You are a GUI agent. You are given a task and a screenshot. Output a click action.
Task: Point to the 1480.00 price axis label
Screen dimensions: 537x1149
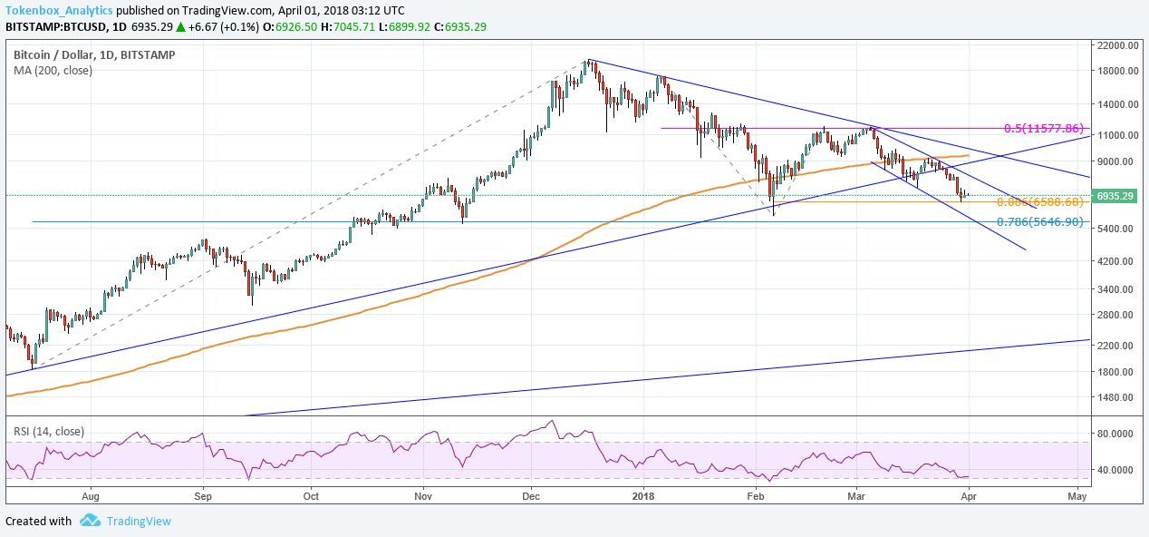(x=1116, y=397)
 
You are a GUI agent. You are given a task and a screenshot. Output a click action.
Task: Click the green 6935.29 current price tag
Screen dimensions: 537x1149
(x=1115, y=196)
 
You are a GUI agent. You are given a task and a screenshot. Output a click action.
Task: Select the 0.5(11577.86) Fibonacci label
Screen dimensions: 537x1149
(x=1043, y=129)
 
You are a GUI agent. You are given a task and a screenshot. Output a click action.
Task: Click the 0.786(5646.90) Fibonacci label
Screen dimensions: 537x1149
(x=1039, y=222)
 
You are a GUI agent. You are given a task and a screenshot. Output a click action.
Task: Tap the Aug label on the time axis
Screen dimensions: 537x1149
(x=90, y=496)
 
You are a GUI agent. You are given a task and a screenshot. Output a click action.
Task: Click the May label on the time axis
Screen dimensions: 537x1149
(x=1077, y=496)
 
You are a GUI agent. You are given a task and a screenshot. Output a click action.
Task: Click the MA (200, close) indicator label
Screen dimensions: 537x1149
(x=53, y=70)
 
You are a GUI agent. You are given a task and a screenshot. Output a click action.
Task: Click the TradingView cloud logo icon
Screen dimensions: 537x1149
(x=90, y=521)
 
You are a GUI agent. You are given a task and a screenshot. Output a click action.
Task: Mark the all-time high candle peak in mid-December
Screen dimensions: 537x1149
(x=588, y=60)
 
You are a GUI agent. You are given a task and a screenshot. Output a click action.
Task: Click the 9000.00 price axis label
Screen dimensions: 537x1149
(x=1116, y=161)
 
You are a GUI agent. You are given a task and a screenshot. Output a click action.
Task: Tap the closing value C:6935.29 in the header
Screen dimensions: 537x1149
(x=460, y=26)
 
